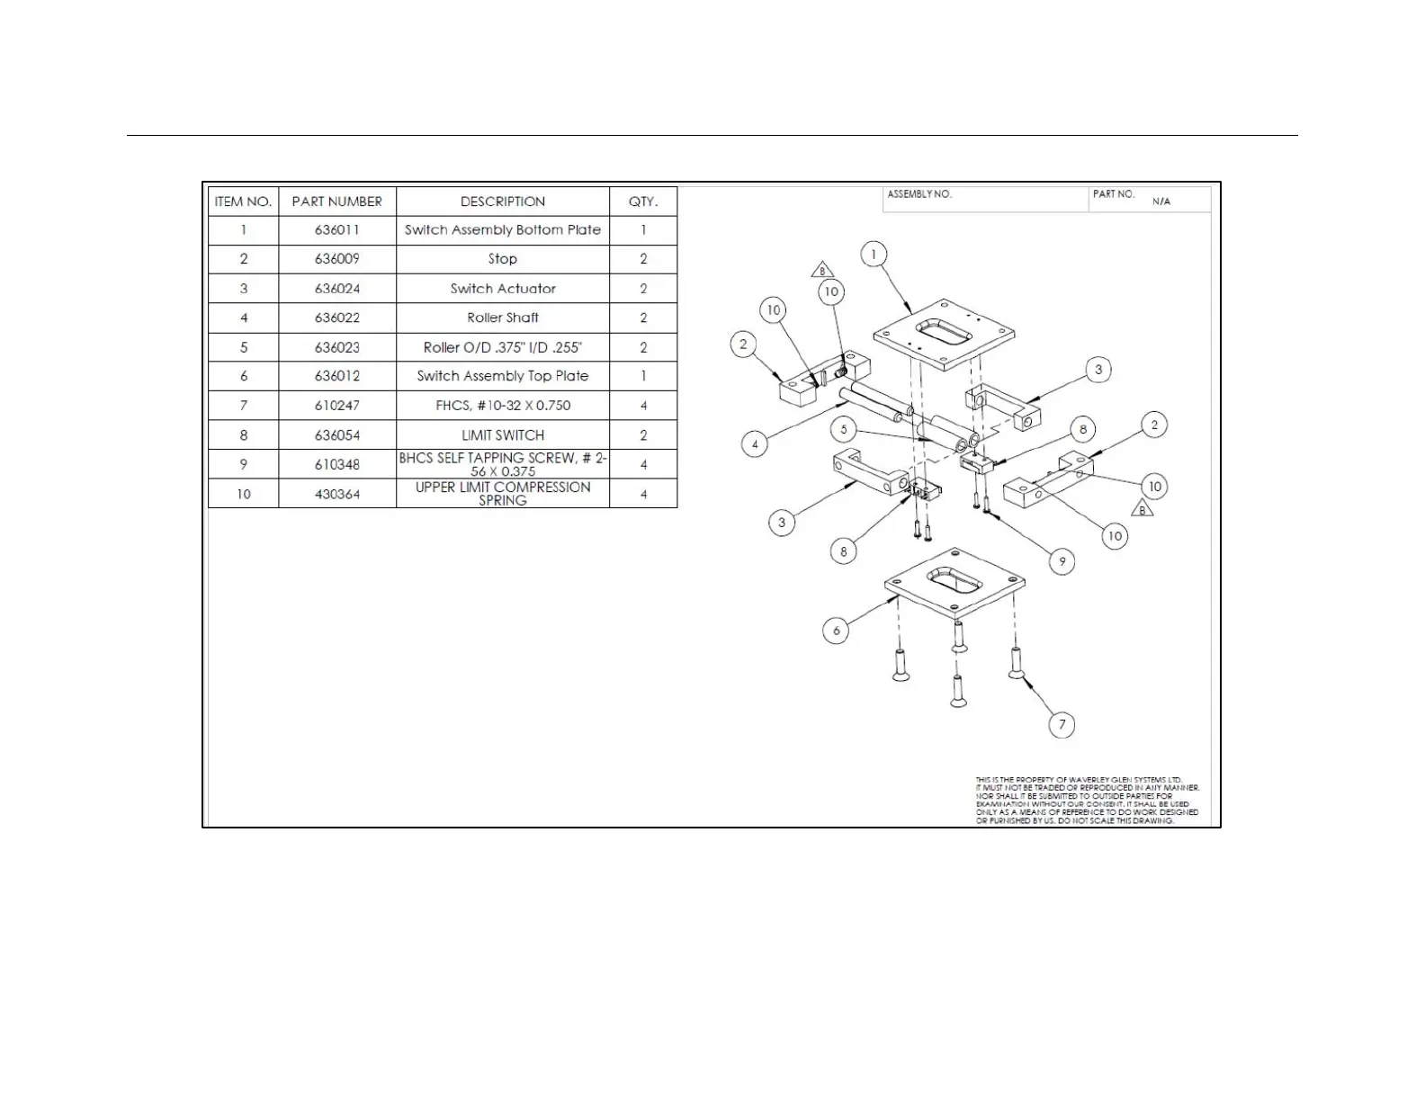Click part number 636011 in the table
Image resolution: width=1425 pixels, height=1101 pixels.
tap(336, 230)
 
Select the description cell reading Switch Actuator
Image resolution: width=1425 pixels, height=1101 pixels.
tap(503, 289)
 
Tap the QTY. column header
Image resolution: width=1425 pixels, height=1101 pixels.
tap(642, 201)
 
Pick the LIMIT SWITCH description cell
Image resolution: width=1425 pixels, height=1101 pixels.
tap(503, 435)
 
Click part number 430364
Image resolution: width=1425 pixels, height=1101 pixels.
tap(336, 494)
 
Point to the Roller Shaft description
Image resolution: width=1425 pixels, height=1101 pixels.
tap(503, 318)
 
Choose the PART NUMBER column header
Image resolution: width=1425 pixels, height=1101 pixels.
tap(336, 201)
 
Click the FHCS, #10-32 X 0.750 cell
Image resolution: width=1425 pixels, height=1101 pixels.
tap(503, 406)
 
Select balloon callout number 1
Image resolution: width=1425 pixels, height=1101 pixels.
tap(874, 255)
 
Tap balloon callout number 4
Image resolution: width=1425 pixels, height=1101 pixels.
tap(755, 443)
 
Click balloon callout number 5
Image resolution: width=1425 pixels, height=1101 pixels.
tap(843, 429)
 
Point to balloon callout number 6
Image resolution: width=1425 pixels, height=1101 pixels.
tap(836, 631)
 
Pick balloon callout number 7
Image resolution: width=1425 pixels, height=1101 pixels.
tap(1062, 724)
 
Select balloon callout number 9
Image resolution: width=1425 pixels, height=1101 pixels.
tap(1062, 561)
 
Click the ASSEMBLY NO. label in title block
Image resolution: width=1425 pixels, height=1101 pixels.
tap(919, 194)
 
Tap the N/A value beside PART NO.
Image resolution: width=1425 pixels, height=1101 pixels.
tap(1161, 201)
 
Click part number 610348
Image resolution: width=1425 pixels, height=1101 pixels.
tap(336, 464)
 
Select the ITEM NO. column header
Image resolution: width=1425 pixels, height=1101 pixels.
tap(243, 201)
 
